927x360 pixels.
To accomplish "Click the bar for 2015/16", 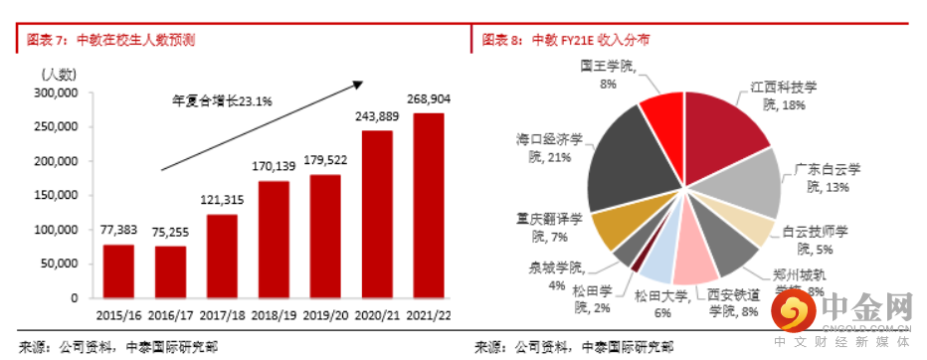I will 117,270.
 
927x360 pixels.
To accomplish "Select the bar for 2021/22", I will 429,205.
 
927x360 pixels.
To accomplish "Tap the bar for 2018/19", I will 273,239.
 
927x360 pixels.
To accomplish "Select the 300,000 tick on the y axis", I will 57,92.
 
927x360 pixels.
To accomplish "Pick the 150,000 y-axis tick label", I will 57,195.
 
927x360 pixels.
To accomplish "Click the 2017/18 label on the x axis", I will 221,314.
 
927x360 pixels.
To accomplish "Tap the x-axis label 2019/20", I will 325,314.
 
